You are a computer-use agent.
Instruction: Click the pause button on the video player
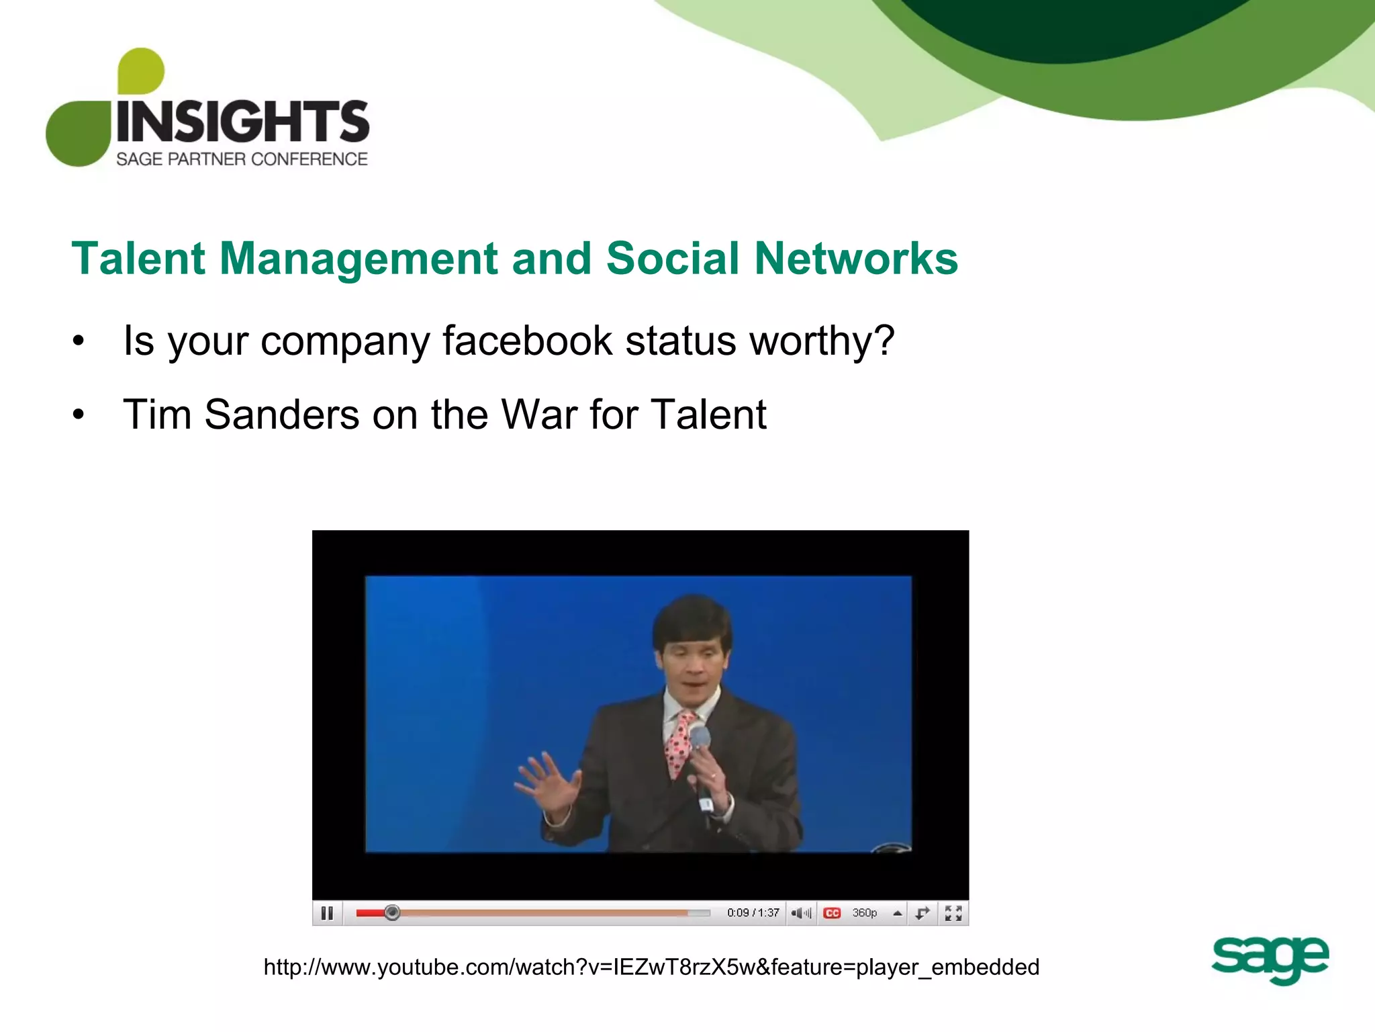coord(327,913)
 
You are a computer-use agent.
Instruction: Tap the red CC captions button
coord(832,913)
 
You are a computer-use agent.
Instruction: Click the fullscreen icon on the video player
coord(953,913)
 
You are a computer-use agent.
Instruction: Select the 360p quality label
coord(865,913)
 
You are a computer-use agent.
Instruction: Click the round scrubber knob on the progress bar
coord(392,912)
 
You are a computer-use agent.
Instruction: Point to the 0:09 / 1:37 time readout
coord(753,913)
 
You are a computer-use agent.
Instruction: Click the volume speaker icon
coord(800,913)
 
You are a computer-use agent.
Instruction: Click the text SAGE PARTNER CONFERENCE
coord(242,159)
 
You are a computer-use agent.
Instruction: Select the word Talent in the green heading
coord(138,259)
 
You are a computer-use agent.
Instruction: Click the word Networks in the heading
coord(855,259)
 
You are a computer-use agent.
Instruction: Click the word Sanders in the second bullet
coord(281,414)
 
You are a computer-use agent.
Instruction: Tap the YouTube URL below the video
coord(651,967)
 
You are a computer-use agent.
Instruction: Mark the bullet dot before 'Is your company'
coord(79,341)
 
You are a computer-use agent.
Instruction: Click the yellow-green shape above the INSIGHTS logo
coord(140,70)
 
